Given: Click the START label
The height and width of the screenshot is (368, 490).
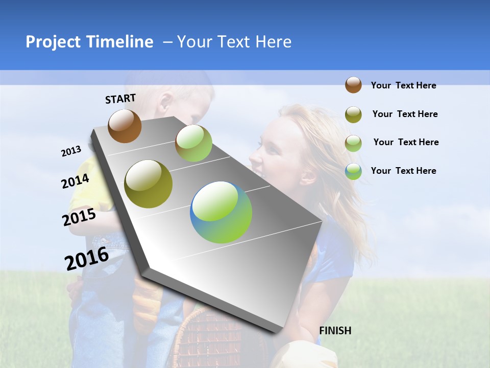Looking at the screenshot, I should tap(120, 99).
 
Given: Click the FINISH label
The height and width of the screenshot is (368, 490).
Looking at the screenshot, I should tap(335, 331).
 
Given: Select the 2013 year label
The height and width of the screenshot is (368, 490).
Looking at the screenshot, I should tap(71, 151).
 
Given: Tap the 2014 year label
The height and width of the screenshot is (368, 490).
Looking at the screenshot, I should tap(75, 181).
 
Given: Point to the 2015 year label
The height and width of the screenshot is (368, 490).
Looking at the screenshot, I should tap(79, 217).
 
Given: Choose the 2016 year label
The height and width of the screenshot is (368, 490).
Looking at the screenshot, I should tap(87, 258).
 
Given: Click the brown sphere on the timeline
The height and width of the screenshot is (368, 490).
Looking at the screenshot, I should tap(125, 126).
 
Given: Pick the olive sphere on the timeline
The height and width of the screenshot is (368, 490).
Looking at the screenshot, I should tap(148, 184).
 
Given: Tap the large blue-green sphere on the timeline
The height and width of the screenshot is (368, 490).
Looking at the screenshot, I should tap(221, 212).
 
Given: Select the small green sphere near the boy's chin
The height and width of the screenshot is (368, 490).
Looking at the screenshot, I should tap(193, 143).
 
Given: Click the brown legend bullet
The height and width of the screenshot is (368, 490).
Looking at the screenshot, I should tap(353, 85).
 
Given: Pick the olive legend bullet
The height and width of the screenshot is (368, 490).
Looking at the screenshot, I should tap(353, 114).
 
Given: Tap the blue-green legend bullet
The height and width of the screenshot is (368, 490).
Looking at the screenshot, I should tap(353, 171).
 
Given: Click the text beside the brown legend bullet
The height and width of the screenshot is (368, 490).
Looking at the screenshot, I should tap(403, 86).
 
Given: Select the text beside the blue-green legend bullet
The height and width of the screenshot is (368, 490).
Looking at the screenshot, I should tap(403, 171).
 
